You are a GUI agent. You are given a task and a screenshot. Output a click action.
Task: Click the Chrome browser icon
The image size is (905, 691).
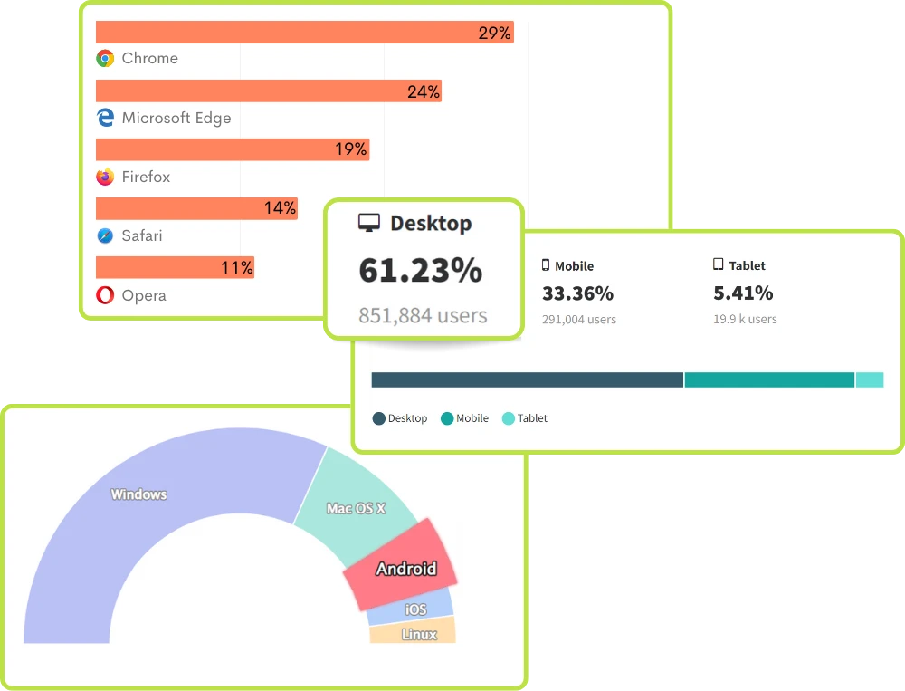(105, 59)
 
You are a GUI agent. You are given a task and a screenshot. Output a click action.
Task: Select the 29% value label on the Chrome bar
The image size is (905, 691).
(495, 34)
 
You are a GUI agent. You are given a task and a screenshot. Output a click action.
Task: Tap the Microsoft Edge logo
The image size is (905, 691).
(105, 118)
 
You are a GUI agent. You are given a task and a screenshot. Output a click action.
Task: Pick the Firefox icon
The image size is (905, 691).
(105, 177)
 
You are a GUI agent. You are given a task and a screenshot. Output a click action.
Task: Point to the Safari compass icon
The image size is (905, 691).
(105, 236)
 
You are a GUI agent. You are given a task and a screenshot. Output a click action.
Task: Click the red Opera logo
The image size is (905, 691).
(105, 295)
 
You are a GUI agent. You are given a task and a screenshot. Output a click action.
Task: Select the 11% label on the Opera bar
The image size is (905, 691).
(237, 268)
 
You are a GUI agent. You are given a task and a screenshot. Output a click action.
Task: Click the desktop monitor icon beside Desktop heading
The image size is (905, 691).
(369, 224)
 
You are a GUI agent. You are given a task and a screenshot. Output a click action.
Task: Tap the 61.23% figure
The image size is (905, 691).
(421, 271)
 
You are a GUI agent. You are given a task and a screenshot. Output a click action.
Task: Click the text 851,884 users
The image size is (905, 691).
(423, 316)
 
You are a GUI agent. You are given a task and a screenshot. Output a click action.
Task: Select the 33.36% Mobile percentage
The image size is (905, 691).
(577, 293)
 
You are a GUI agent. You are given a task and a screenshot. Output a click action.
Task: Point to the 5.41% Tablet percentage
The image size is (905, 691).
(743, 293)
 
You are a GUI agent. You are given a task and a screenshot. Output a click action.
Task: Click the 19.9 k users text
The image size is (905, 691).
(745, 319)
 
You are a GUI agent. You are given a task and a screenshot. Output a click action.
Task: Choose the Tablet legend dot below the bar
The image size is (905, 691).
(509, 418)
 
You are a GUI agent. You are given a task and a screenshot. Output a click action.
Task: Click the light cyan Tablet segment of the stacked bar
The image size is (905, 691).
(869, 379)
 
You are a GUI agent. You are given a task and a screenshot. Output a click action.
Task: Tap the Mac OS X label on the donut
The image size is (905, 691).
(356, 509)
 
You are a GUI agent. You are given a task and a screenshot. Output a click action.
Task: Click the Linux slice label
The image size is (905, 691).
(419, 634)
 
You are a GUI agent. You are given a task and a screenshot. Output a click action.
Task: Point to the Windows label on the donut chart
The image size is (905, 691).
(138, 494)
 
